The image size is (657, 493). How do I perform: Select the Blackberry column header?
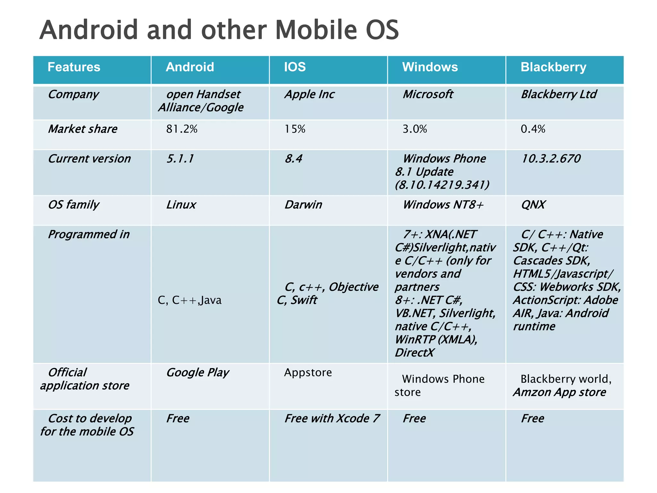coord(553,67)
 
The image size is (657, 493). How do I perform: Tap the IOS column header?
coord(295,67)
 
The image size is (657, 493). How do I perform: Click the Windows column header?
coord(430,67)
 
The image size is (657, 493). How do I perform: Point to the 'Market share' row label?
coord(83,129)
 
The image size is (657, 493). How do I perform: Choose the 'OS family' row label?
coord(73,205)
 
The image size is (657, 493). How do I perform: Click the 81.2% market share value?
coord(182,129)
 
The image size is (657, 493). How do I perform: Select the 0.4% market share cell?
coord(533,129)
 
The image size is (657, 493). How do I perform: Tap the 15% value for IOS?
coord(295,129)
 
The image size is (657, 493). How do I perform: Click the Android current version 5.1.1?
coord(180,159)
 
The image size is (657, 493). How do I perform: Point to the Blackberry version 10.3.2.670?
coord(551,159)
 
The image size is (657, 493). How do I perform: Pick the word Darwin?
coord(303,205)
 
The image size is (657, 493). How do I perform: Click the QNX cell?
coord(533,205)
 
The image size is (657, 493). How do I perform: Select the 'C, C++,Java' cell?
coord(190,300)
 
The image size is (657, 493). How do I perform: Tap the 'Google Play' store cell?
coord(198,373)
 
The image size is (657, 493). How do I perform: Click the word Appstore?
coord(308,373)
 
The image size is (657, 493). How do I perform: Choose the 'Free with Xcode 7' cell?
coord(332,419)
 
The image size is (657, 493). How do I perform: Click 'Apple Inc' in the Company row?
coord(309,94)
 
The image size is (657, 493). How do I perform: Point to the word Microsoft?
coord(428,94)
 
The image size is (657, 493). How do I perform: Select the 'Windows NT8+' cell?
coord(443,205)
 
